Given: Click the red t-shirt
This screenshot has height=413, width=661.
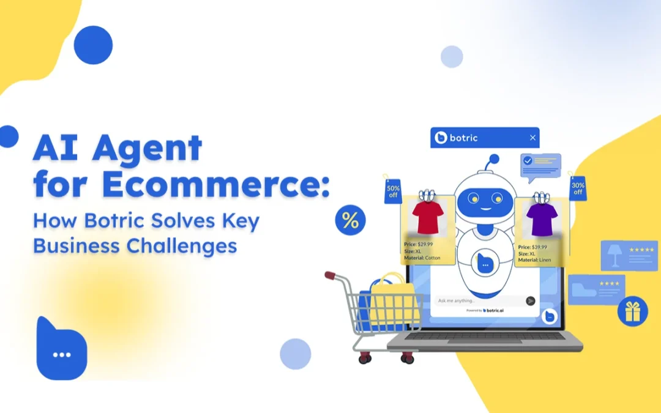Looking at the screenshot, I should click(427, 217).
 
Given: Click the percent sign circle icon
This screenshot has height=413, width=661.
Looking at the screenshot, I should click(350, 220).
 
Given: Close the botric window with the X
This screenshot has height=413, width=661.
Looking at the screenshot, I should click(532, 138).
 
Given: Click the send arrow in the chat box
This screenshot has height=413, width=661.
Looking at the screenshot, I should click(530, 300).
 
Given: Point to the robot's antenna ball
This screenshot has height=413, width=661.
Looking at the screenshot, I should click(493, 159).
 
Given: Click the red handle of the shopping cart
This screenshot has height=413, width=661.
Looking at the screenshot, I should click(330, 275).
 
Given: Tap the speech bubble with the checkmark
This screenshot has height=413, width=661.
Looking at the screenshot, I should click(540, 165).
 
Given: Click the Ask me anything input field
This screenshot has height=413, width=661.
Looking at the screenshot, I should click(477, 300).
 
